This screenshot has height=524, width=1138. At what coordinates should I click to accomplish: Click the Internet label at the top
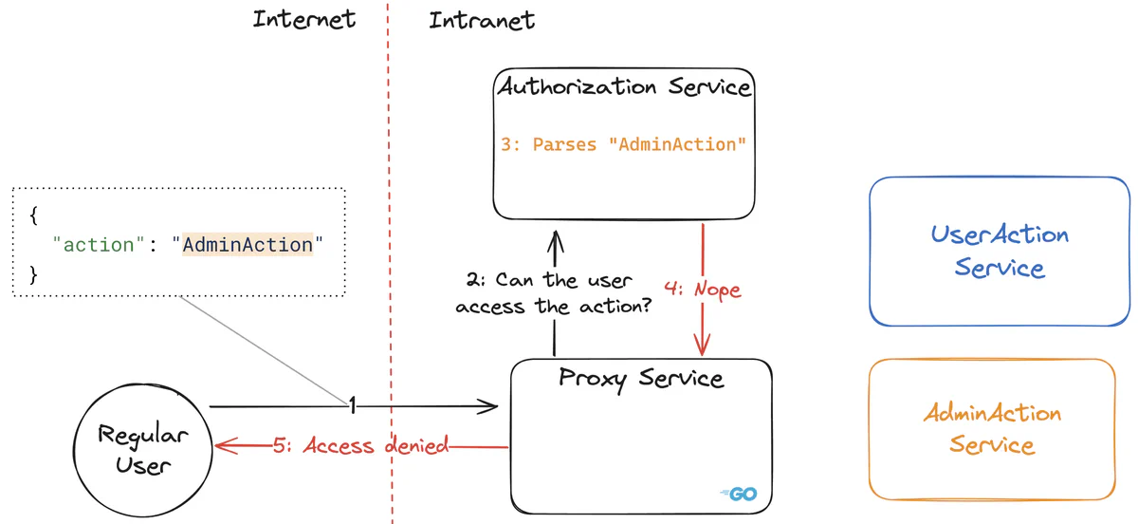pyautogui.click(x=303, y=19)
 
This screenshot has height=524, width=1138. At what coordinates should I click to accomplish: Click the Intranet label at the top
pyautogui.click(x=481, y=20)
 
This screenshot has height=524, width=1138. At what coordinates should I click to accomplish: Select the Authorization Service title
pyautogui.click(x=624, y=87)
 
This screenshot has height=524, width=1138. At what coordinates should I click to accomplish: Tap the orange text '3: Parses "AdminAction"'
pyautogui.click(x=624, y=144)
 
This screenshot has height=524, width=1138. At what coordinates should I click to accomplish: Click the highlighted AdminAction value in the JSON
pyautogui.click(x=248, y=245)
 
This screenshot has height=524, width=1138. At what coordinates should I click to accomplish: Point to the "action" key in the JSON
pyautogui.click(x=98, y=245)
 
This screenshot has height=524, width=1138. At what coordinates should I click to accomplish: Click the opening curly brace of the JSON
pyautogui.click(x=34, y=215)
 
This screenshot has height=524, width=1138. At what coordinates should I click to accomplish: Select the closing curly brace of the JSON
pyautogui.click(x=34, y=275)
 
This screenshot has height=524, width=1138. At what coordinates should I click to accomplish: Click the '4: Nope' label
pyautogui.click(x=703, y=289)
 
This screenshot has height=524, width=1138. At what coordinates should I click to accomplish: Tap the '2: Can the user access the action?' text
pyautogui.click(x=553, y=294)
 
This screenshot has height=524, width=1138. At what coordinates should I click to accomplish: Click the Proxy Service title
pyautogui.click(x=641, y=379)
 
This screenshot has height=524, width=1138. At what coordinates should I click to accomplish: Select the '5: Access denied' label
pyautogui.click(x=360, y=446)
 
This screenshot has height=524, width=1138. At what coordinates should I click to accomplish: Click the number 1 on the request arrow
pyautogui.click(x=352, y=406)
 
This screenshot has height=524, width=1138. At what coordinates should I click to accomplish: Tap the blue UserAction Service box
pyautogui.click(x=1000, y=251)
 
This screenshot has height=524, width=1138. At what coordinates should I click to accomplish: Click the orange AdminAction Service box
pyautogui.click(x=992, y=429)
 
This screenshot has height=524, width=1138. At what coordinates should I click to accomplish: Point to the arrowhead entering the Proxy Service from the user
pyautogui.click(x=490, y=407)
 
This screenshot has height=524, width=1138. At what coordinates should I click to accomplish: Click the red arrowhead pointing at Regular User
pyautogui.click(x=224, y=446)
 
